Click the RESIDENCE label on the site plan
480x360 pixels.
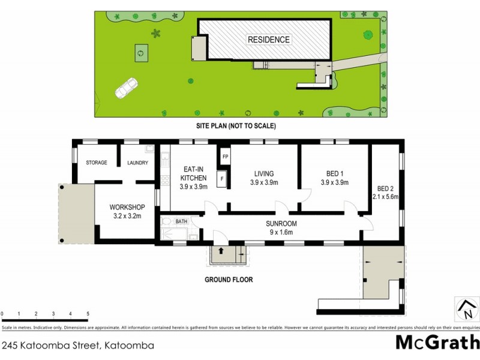[x=269, y=40]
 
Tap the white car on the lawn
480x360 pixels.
[x=127, y=89]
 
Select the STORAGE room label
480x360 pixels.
[x=96, y=163]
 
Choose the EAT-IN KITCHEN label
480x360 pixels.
[x=194, y=178]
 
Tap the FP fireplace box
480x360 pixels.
[x=225, y=157]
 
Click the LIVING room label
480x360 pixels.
[x=264, y=178]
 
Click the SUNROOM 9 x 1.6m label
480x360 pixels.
[x=282, y=227]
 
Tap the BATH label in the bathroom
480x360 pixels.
[x=182, y=221]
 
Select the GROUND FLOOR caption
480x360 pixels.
[x=229, y=280]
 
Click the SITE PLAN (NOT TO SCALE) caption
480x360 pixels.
[x=236, y=126]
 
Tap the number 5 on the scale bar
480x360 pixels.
[x=88, y=314]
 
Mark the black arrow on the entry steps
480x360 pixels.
[x=221, y=252]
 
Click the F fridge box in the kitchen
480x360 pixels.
[x=221, y=178]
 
